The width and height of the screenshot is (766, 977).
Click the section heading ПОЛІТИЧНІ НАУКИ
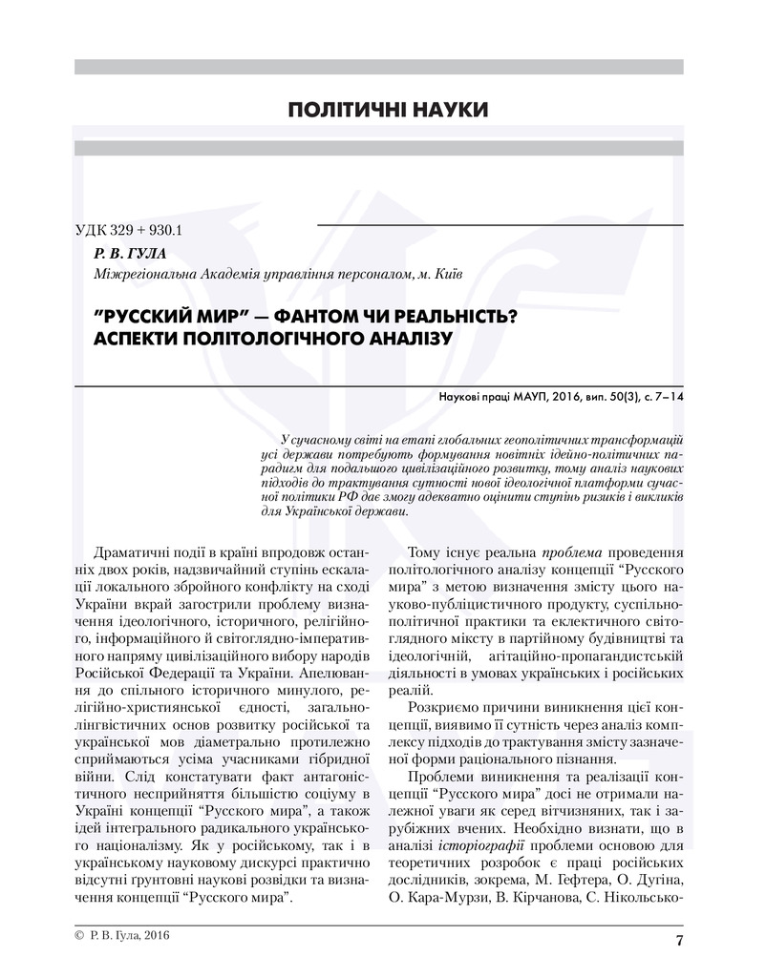tap(388, 111)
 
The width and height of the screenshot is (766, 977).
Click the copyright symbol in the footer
tap(78, 937)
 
